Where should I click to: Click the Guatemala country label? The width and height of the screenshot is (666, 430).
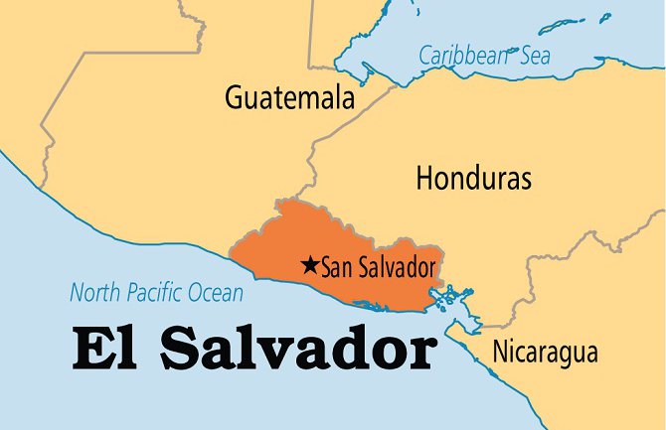click(289, 99)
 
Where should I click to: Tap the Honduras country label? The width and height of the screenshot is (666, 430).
click(473, 179)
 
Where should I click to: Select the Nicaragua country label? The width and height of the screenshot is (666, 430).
click(545, 352)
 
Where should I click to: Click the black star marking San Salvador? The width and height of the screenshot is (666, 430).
click(309, 265)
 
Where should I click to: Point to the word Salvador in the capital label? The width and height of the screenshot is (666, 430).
click(395, 267)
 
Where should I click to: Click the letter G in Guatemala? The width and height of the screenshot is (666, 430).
click(235, 99)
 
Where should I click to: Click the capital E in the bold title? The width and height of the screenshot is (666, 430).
click(88, 350)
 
